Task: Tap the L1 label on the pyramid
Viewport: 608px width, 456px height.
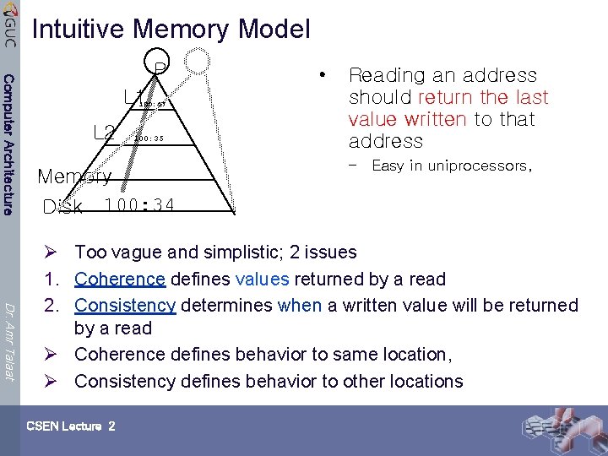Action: point(134,97)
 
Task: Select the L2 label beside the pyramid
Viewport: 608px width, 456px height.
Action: point(104,133)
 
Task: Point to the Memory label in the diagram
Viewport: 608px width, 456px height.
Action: point(74,176)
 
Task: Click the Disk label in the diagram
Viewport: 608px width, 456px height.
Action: point(62,207)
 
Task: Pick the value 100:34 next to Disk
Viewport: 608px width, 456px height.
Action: point(139,205)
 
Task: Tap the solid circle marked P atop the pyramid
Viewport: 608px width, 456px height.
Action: point(159,63)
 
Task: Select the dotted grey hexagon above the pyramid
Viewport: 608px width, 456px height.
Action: point(198,60)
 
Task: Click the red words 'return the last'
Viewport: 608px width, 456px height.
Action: point(483,97)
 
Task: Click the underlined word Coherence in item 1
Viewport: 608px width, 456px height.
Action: point(119,279)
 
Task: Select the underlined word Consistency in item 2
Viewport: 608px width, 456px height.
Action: point(125,305)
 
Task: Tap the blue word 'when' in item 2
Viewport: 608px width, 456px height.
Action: point(299,305)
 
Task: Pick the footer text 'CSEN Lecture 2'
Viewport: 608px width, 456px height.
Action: point(71,426)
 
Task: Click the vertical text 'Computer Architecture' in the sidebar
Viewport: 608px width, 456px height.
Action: point(8,144)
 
